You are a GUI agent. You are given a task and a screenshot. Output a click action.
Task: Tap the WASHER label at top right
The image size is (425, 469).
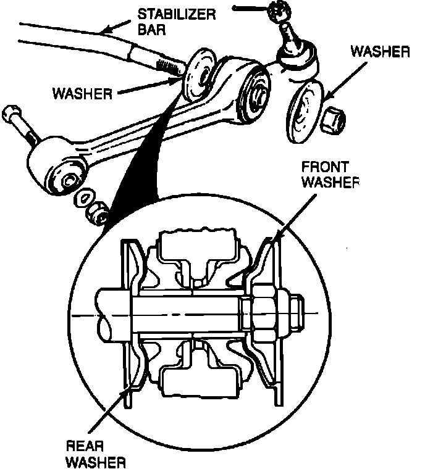(x=379, y=52)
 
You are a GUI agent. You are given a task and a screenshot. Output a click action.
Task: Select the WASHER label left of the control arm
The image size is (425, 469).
(x=82, y=94)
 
